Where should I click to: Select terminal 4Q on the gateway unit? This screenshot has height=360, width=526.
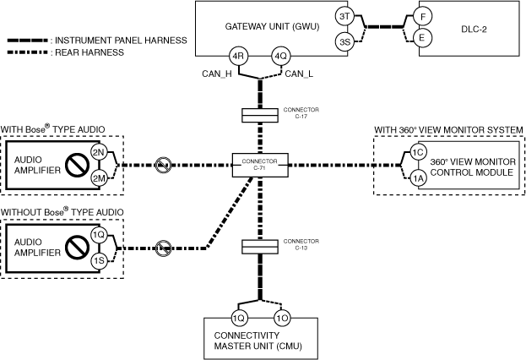pos(280,58)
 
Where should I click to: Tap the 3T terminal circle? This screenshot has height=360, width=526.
pos(344,17)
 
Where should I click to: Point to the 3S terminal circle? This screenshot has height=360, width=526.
pos(344,40)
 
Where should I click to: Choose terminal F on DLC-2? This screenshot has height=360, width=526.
pos(424,17)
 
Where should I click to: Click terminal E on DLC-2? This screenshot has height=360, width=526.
pos(424,38)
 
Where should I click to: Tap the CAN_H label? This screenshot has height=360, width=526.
pos(216,74)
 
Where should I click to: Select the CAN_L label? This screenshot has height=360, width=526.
pos(300,74)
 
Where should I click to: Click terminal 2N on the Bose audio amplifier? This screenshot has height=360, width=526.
pos(99,152)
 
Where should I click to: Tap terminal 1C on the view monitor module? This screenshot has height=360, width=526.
pos(417,152)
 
